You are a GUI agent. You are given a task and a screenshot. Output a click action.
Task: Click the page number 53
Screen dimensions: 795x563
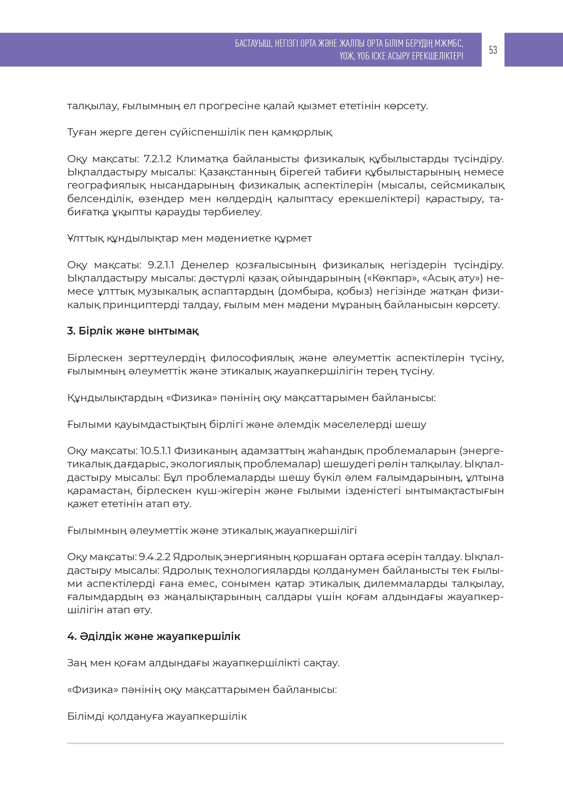coord(493,50)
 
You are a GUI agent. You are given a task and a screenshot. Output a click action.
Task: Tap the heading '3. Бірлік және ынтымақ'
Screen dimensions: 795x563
coord(132,331)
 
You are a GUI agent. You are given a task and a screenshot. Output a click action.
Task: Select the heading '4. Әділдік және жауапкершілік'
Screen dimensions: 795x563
coord(153,636)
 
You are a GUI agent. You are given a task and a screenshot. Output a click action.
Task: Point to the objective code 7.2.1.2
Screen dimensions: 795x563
coord(157,159)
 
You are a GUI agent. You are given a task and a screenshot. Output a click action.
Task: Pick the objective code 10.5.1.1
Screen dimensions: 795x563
coord(155,451)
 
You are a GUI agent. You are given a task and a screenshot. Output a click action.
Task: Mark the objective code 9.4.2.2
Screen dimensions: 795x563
coord(154,557)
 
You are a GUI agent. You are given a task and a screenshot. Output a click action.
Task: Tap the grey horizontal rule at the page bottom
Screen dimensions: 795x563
coord(285,743)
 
